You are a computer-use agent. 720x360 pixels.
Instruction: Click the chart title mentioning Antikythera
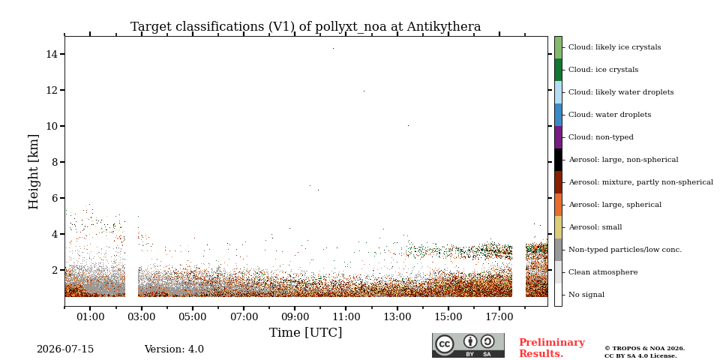(x=306, y=27)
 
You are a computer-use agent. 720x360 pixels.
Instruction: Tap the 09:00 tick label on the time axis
(x=295, y=316)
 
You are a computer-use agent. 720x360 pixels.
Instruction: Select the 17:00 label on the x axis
(x=499, y=316)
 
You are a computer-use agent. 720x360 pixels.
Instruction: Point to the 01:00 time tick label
(x=90, y=316)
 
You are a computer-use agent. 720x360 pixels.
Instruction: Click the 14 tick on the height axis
(x=52, y=54)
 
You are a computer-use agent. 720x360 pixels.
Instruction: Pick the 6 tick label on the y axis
(x=54, y=198)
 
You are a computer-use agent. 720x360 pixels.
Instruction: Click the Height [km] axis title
(x=34, y=172)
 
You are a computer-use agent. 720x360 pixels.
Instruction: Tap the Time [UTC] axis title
(x=306, y=332)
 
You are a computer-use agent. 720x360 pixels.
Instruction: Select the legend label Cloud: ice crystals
(x=603, y=70)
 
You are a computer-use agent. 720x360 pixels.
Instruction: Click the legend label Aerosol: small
(x=595, y=227)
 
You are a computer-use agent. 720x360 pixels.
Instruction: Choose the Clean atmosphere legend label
(x=603, y=272)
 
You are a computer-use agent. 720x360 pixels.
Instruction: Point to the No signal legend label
(x=586, y=295)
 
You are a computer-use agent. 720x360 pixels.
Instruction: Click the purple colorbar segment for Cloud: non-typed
(x=558, y=137)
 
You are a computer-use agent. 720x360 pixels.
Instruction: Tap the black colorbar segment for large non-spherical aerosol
(x=558, y=160)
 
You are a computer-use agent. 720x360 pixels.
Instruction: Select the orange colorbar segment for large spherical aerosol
(x=558, y=205)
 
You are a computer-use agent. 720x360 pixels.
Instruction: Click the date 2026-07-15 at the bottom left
(x=65, y=349)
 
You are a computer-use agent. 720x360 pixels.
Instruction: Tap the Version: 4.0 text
(x=174, y=349)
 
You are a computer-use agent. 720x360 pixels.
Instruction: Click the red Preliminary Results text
(x=552, y=348)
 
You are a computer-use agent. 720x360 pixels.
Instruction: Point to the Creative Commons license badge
(x=468, y=345)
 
